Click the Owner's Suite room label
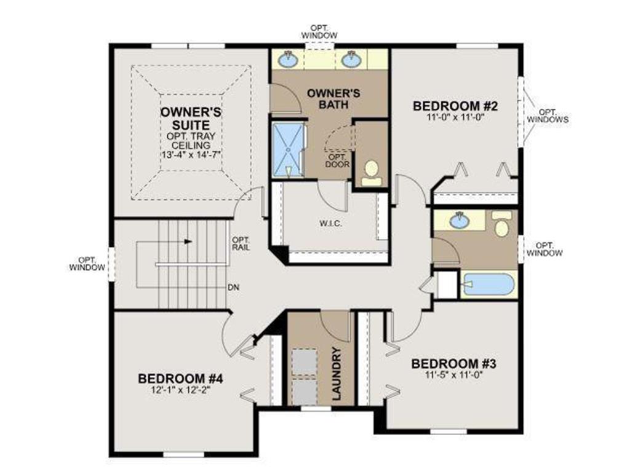[191, 119]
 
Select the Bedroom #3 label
[453, 363]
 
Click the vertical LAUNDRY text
[337, 374]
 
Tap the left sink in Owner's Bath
[287, 60]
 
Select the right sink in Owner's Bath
[351, 60]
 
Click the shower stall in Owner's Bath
[288, 150]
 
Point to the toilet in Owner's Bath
[372, 173]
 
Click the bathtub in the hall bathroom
[488, 284]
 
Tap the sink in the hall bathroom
[458, 220]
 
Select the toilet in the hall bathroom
[502, 226]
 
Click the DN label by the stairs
[234, 288]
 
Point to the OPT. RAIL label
[239, 244]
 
